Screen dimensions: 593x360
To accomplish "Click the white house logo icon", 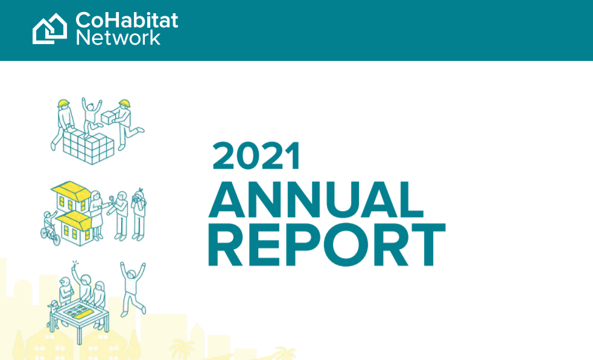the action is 49,29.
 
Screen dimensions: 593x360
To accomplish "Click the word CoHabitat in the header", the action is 127,20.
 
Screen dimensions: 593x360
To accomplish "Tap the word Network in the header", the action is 118,38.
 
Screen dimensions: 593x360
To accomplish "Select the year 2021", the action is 256,155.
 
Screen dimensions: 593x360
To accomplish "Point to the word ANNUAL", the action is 316,200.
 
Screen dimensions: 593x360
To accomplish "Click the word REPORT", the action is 326,245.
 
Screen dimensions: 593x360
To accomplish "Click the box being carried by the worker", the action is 108,117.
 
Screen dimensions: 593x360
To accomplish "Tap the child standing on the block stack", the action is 90,116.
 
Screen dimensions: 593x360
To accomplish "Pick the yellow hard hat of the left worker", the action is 63,103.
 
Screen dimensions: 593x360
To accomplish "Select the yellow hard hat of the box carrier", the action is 124,103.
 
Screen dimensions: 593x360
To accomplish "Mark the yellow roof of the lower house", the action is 74,220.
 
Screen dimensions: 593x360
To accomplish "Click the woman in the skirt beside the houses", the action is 96,215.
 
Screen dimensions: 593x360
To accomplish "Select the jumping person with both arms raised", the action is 132,288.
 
